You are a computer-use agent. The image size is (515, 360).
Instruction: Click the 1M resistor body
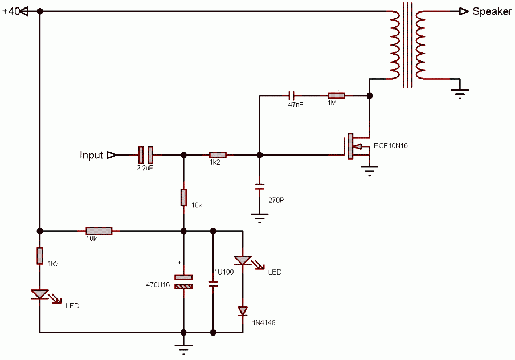point(336,96)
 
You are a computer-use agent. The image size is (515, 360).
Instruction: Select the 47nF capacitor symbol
point(291,96)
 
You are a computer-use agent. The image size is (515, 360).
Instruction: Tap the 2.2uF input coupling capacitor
point(145,155)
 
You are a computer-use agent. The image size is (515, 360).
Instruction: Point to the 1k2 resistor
point(218,155)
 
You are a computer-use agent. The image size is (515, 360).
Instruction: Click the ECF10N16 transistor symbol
point(357,146)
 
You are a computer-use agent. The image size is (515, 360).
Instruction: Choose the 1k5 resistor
point(40,256)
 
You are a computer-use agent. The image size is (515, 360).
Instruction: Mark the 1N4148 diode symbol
point(243,311)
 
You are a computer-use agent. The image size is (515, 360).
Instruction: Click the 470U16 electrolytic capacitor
point(183,282)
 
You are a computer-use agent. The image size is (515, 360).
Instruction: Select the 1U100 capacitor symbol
point(213,284)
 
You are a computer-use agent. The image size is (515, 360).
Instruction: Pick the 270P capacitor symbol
point(259,187)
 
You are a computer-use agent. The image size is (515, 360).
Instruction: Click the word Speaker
point(492,11)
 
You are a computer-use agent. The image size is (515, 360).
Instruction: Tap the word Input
point(91,155)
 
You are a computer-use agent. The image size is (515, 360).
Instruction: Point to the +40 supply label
point(11,11)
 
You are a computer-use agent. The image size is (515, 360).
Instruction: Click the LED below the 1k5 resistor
point(40,294)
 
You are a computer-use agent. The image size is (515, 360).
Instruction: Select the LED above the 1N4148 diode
point(243,261)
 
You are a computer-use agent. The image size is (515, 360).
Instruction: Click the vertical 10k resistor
point(183,198)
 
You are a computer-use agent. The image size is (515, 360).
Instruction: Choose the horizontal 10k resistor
point(99,231)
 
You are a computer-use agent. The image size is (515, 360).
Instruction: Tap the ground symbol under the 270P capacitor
point(259,218)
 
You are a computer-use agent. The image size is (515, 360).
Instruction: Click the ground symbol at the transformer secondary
point(460,93)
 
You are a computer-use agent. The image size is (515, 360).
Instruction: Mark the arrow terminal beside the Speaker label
point(464,11)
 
